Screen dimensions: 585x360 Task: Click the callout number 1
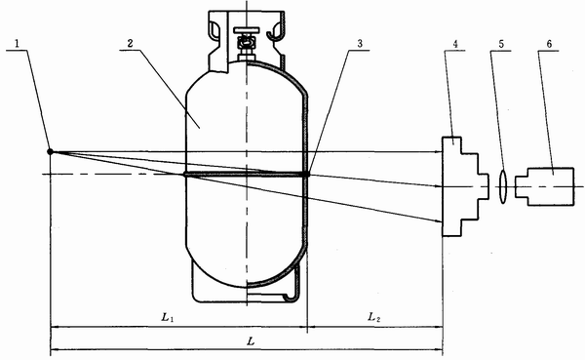pos(17,44)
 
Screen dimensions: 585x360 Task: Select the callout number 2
pos(131,43)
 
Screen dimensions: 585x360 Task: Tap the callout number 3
pos(360,44)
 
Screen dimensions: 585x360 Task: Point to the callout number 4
pos(455,44)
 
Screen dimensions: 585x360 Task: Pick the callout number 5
pos(501,44)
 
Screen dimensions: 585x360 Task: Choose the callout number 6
pos(549,44)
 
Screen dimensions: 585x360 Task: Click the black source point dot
pos(50,151)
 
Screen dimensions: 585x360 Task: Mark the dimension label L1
pos(168,317)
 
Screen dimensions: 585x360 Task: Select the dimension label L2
pos(374,317)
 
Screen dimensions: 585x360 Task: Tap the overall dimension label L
pos(252,340)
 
